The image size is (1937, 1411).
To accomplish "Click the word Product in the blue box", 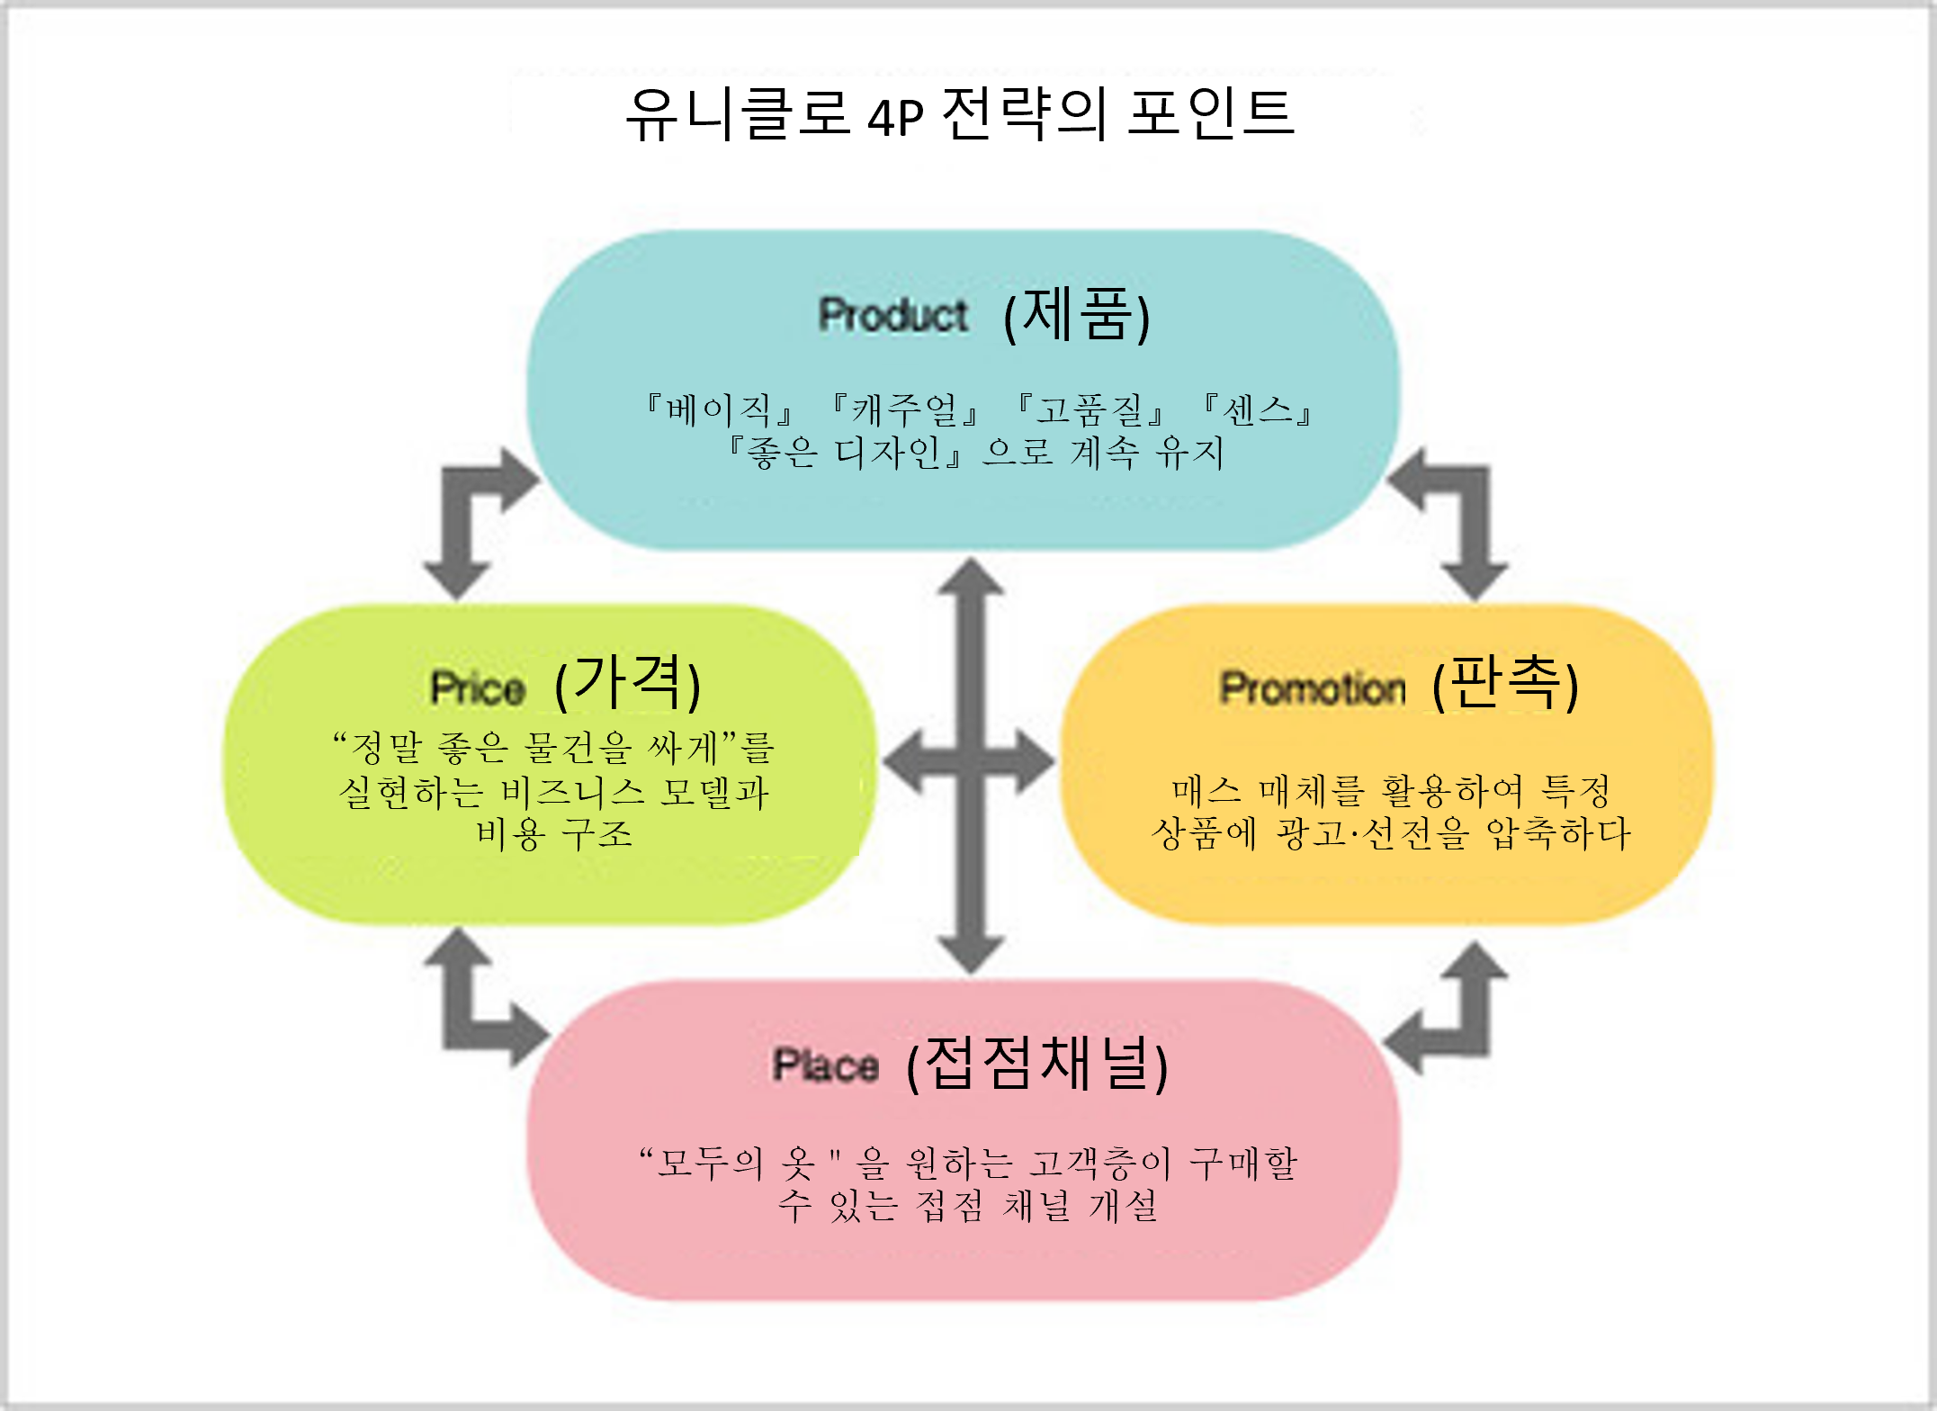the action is coord(892,315).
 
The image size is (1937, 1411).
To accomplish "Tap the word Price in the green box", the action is coord(478,688).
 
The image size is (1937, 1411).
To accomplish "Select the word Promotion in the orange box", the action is coord(1312,688).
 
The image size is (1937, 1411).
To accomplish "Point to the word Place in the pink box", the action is coord(825,1065).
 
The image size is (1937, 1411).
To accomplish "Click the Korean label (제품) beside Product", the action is coord(1077,315).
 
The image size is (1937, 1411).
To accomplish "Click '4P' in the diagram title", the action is coord(896,116).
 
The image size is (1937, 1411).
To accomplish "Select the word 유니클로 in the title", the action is coord(738,114).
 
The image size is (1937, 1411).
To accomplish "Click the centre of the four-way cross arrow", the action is coord(970,763).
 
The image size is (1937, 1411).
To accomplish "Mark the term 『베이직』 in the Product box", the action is coord(719,409).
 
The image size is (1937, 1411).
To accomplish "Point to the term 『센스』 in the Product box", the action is coord(1257,409).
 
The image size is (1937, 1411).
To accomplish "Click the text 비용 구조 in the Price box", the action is coord(554,834).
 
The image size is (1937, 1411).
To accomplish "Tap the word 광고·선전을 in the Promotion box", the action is coord(1374,833).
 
